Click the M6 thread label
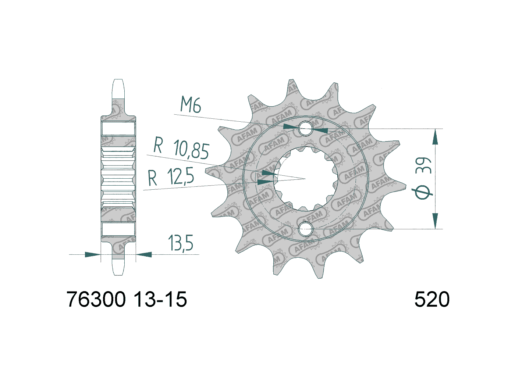(x=191, y=104)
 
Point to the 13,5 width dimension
(x=180, y=243)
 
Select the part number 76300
(x=96, y=300)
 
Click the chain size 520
(x=432, y=300)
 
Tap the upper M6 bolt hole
(x=305, y=128)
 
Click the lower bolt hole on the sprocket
(x=305, y=229)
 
